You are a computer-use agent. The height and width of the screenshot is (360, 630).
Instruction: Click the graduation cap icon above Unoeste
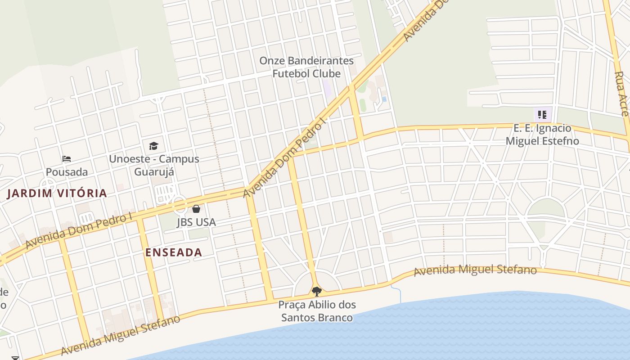(x=153, y=146)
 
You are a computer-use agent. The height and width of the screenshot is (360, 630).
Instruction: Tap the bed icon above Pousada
(x=67, y=159)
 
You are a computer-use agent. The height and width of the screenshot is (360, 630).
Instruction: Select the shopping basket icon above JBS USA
(x=196, y=209)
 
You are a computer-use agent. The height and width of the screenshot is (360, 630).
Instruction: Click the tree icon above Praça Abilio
(x=317, y=291)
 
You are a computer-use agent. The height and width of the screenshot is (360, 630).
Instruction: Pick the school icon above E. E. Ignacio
(x=542, y=115)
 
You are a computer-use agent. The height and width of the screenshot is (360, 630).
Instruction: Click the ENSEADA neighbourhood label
(x=174, y=252)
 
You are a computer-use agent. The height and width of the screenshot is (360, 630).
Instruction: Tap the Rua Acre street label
(x=621, y=94)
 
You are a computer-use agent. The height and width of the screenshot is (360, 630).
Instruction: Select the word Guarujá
(x=154, y=172)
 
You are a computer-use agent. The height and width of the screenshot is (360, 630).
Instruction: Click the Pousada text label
(x=67, y=172)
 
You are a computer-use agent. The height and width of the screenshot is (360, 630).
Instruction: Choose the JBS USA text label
(x=196, y=222)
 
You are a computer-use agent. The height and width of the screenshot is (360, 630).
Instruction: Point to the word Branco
(x=335, y=318)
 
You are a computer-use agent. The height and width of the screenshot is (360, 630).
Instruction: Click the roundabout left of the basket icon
(x=180, y=206)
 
